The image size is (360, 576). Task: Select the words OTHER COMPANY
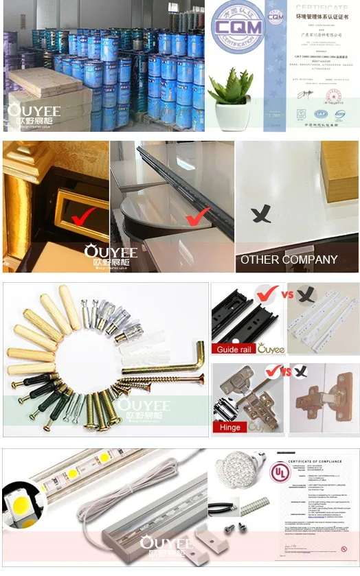(289, 260)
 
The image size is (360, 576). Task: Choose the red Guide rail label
(234, 349)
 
